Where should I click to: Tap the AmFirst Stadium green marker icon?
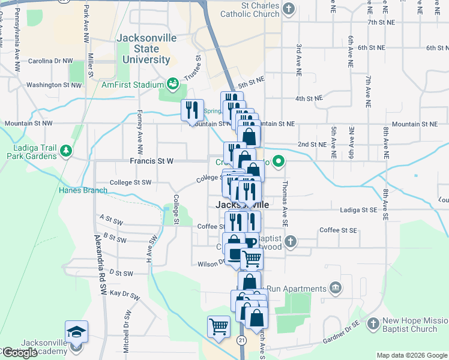(173, 83)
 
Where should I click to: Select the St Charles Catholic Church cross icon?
(289, 8)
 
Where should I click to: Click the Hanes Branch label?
(83, 190)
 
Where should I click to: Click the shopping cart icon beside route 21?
(218, 327)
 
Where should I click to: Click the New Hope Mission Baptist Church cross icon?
(373, 323)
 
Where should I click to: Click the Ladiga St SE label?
(349, 209)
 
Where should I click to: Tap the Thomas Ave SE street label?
(285, 204)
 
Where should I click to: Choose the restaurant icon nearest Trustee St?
(193, 110)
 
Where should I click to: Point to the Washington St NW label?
(53, 85)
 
